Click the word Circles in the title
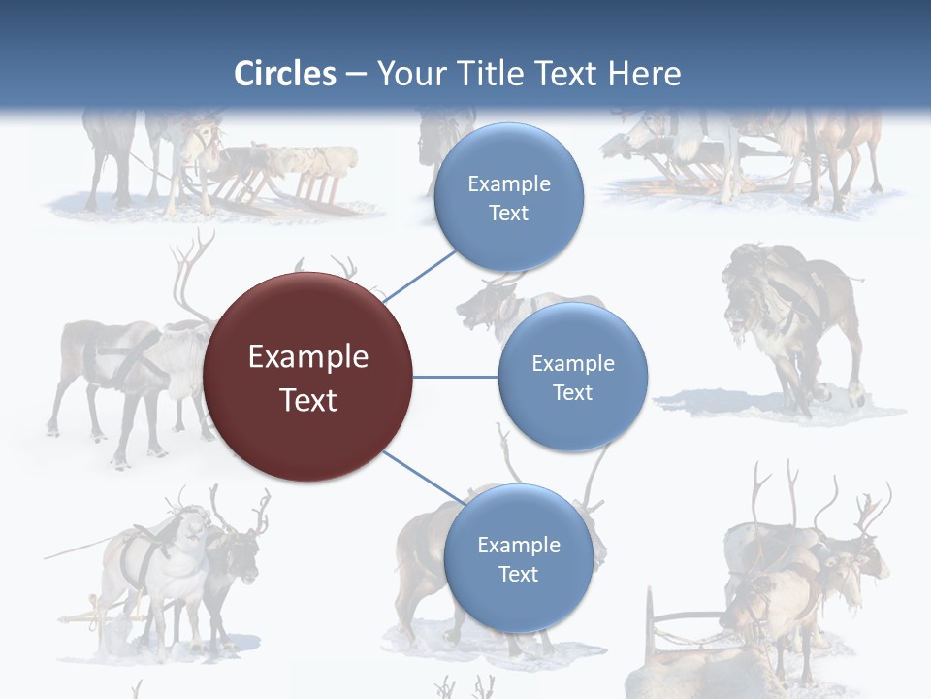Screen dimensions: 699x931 (285, 74)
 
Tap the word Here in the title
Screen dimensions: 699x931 (645, 74)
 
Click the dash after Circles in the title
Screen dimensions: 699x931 (356, 75)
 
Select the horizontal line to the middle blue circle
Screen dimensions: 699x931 (455, 377)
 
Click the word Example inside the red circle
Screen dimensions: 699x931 (307, 357)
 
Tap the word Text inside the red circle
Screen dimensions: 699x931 (307, 400)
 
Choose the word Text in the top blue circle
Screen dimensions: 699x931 (508, 213)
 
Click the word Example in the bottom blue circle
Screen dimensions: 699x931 (518, 545)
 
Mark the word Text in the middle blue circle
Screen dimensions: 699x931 (572, 392)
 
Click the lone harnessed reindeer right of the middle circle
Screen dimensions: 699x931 (790, 325)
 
